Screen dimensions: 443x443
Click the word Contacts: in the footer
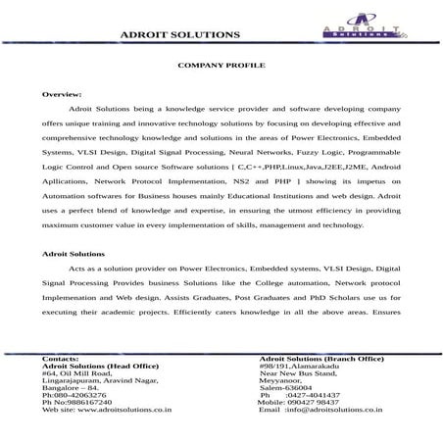pos(61,359)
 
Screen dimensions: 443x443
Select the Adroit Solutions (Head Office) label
pos(100,366)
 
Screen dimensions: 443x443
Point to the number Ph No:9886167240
pos(77,402)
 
